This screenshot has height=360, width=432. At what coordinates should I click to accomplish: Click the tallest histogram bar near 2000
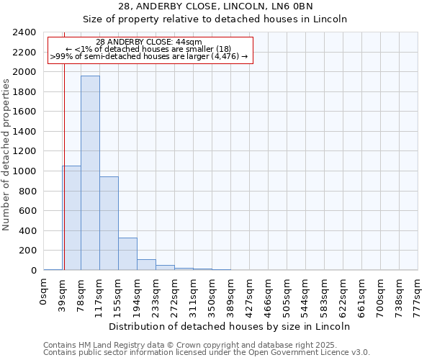(x=90, y=173)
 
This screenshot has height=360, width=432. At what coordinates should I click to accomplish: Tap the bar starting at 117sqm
(x=109, y=223)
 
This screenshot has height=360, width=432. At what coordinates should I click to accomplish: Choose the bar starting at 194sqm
(x=146, y=264)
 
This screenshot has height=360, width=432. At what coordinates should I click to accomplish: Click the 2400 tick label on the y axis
(x=24, y=32)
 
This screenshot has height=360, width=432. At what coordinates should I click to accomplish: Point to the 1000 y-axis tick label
(x=24, y=171)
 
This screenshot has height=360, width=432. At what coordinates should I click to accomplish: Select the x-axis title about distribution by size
(x=230, y=326)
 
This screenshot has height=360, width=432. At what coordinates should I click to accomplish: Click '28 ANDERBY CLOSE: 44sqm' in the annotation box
(x=149, y=42)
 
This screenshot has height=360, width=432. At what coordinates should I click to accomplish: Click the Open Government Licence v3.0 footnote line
(x=207, y=353)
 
